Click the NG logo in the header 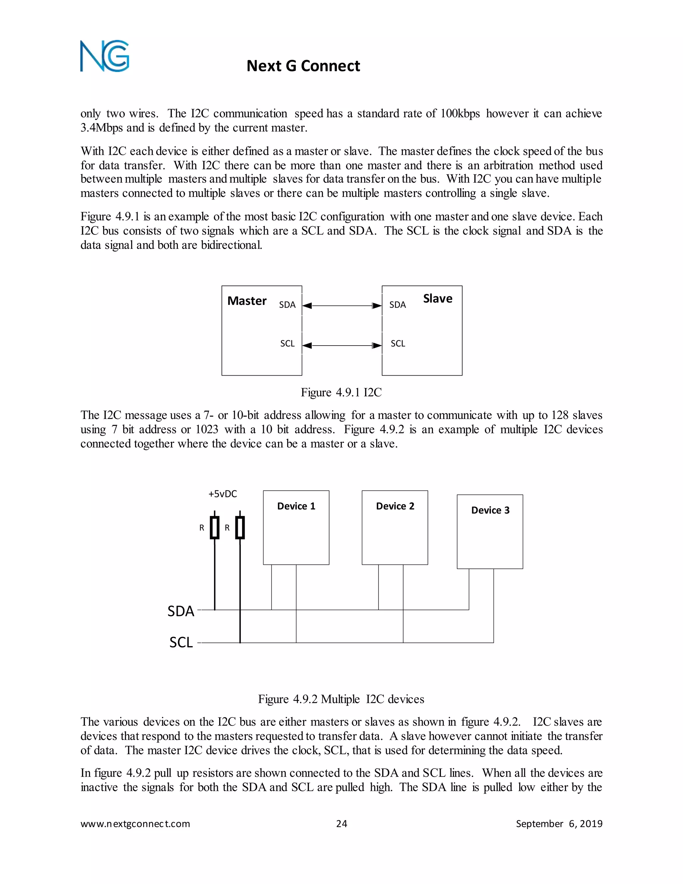(104, 56)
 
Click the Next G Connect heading (303, 66)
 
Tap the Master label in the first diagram (247, 301)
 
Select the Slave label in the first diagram (438, 299)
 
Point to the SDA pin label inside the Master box (287, 305)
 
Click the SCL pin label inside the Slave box (398, 344)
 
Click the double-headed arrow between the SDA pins (342, 306)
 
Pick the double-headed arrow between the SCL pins (342, 345)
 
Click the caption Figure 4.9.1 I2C (341, 392)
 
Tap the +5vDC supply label (222, 494)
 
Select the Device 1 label (296, 506)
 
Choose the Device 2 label (395, 506)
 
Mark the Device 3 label (490, 510)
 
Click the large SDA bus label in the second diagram (181, 611)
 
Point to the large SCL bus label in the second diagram (181, 642)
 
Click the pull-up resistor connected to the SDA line (214, 527)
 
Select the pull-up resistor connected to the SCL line (240, 527)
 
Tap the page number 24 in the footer (341, 824)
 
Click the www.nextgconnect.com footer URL (135, 824)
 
